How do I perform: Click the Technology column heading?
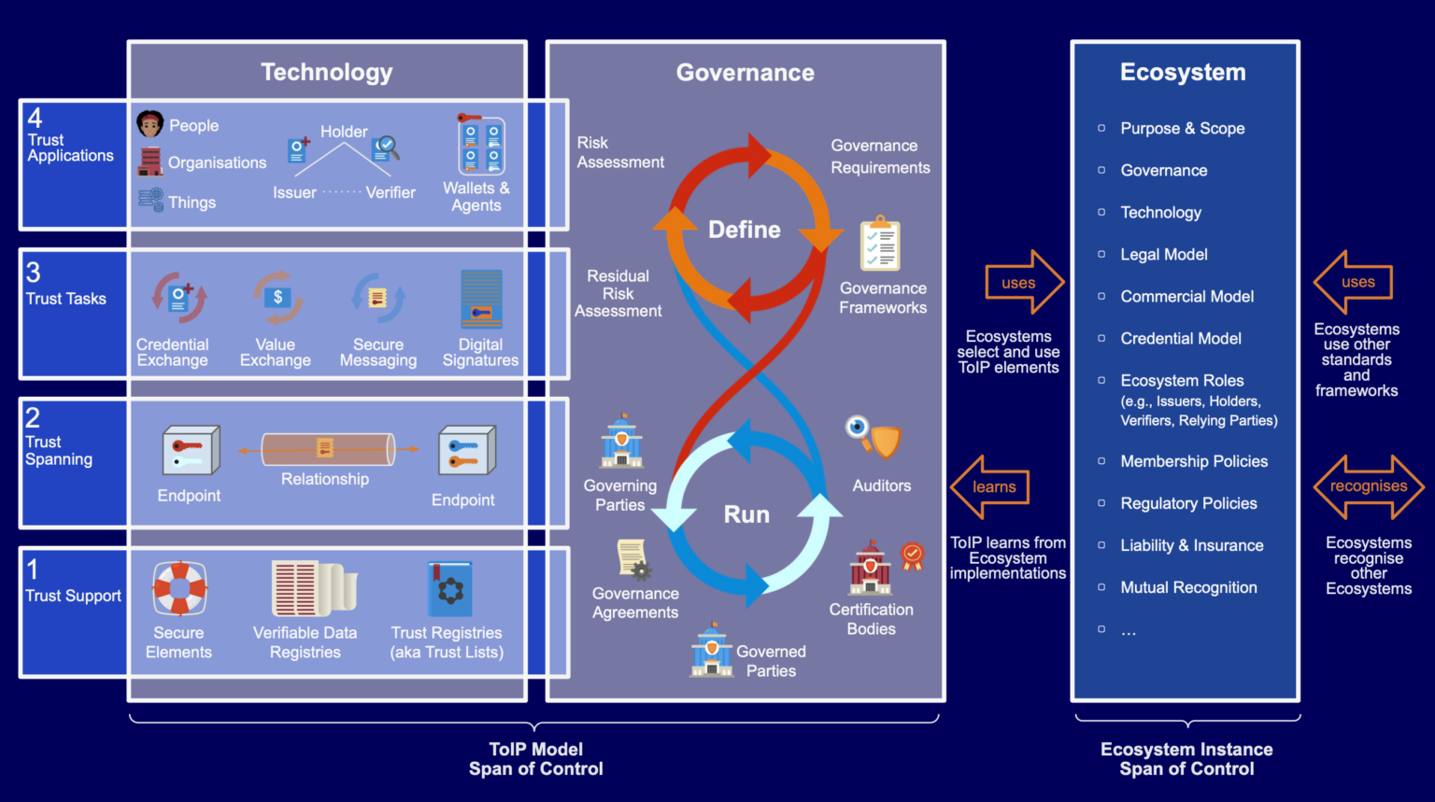[x=326, y=72]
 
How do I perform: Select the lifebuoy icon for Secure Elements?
[x=179, y=588]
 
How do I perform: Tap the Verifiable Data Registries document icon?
[x=312, y=588]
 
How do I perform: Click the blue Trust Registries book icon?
[x=449, y=588]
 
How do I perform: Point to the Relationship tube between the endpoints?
[x=327, y=449]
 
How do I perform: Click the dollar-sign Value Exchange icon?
[x=277, y=298]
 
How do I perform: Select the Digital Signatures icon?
[x=481, y=299]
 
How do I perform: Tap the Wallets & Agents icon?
[x=481, y=146]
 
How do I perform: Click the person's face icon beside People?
[x=149, y=123]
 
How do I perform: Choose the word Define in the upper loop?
[x=744, y=230]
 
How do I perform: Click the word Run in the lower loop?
[x=746, y=514]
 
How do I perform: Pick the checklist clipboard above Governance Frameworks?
[x=880, y=244]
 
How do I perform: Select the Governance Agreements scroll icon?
[x=633, y=559]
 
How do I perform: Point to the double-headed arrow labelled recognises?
[x=1369, y=486]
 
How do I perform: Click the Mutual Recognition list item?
[x=1188, y=587]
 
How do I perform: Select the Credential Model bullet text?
[x=1181, y=338]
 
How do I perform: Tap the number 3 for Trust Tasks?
[x=34, y=273]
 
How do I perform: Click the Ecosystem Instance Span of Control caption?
[x=1186, y=759]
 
